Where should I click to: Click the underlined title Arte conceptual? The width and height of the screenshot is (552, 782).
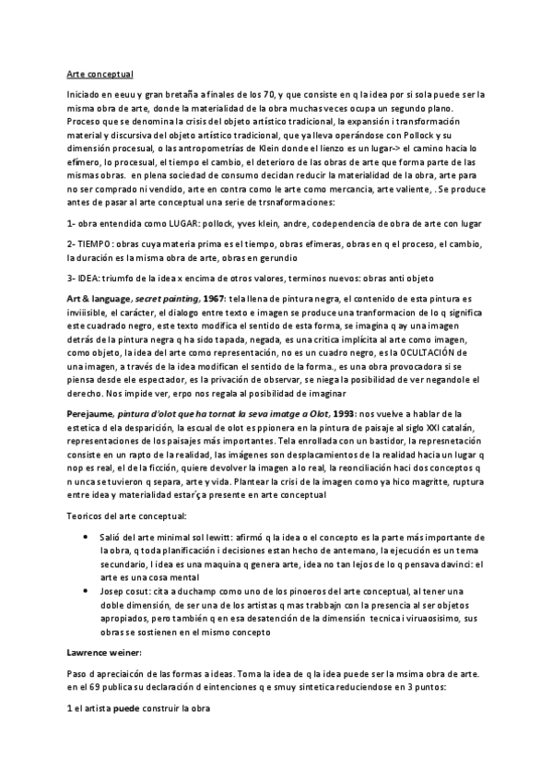(x=101, y=75)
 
